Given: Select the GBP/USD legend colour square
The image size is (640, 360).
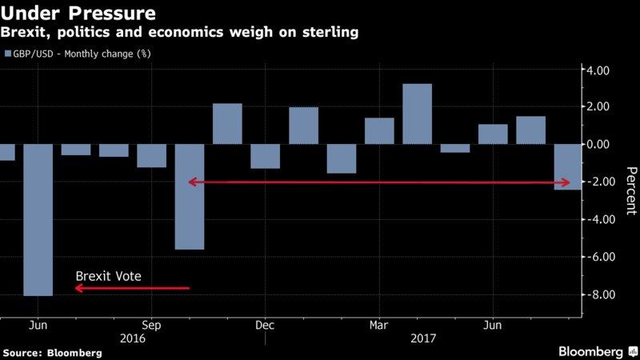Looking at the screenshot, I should [9, 54].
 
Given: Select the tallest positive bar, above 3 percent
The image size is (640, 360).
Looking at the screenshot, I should [417, 114].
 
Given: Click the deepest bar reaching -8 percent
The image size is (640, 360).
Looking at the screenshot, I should [38, 219].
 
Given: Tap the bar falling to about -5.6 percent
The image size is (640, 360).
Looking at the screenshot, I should [190, 196].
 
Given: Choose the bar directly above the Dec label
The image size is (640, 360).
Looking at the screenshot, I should [265, 156].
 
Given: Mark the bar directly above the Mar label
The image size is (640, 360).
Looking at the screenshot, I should [379, 130].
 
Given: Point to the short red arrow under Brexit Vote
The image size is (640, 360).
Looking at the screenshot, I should [132, 288].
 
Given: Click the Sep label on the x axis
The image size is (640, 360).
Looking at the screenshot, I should [151, 326].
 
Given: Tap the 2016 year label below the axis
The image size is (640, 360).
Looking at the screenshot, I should [151, 339].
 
